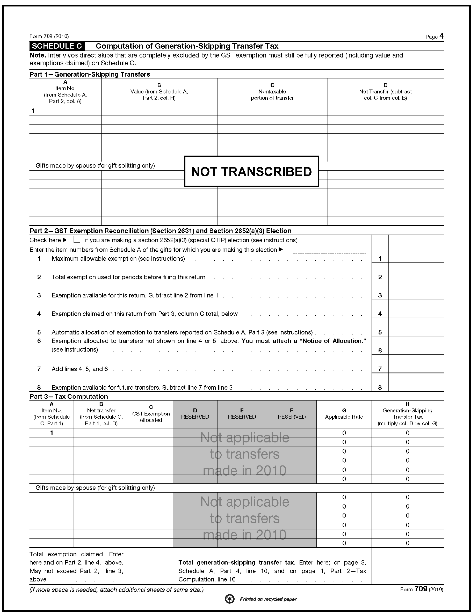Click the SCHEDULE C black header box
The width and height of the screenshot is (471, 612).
(57, 46)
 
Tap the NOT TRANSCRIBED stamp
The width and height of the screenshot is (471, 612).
(251, 171)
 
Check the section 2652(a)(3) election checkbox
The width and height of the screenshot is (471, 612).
(77, 239)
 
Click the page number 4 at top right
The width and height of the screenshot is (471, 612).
(441, 36)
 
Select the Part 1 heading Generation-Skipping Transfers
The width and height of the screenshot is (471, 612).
(90, 74)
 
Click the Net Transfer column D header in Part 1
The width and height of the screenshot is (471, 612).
(385, 92)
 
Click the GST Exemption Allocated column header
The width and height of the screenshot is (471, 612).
(151, 414)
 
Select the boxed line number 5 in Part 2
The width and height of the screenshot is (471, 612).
(380, 332)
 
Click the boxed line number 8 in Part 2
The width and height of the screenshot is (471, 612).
(380, 388)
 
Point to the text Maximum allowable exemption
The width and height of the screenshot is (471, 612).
(118, 259)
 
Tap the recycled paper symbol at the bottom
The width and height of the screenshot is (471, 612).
(230, 599)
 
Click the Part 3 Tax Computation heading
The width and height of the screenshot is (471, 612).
(69, 397)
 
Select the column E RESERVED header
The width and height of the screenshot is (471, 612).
(242, 414)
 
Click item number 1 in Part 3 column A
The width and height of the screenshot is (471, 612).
(52, 433)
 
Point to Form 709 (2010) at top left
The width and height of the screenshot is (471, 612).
(49, 36)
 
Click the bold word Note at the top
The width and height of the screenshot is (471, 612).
(38, 55)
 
